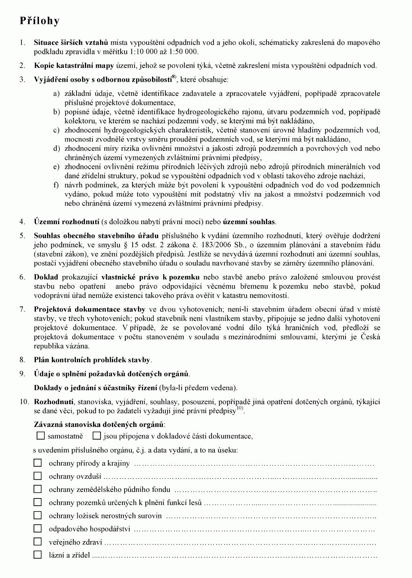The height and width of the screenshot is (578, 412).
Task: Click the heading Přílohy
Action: pyautogui.click(x=39, y=21)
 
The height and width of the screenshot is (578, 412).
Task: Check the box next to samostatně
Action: pyautogui.click(x=41, y=436)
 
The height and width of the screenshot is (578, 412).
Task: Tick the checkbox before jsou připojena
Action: pyautogui.click(x=96, y=436)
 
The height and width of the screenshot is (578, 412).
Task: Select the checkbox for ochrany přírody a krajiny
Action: pyautogui.click(x=38, y=463)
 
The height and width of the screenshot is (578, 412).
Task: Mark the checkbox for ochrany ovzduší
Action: pyautogui.click(x=38, y=476)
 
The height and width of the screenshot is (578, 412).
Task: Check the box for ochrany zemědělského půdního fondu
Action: pyautogui.click(x=38, y=489)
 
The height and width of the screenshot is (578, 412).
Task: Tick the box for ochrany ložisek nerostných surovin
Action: pyautogui.click(x=38, y=515)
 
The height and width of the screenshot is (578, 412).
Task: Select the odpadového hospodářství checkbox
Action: pyautogui.click(x=38, y=528)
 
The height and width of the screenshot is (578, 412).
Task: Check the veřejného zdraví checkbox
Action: pyautogui.click(x=38, y=541)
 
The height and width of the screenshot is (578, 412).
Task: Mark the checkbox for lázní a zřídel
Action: pyautogui.click(x=38, y=555)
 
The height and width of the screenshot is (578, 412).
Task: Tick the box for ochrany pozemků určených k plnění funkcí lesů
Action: pyautogui.click(x=38, y=502)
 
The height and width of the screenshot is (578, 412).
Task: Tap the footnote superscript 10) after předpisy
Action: pyautogui.click(x=240, y=408)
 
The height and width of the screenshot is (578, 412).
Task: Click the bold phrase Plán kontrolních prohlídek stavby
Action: pyautogui.click(x=92, y=360)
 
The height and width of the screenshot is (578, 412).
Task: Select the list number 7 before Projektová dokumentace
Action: pyautogui.click(x=22, y=309)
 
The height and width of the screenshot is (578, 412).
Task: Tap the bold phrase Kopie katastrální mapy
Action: pyautogui.click(x=74, y=66)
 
